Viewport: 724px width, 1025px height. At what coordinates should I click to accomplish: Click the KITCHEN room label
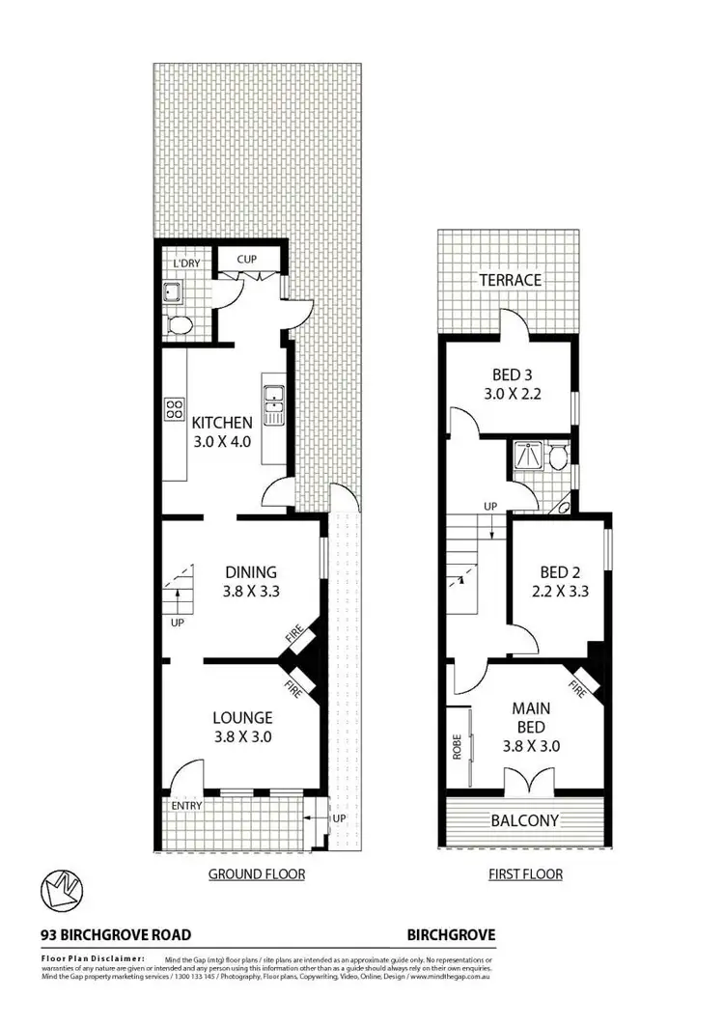pos(222,423)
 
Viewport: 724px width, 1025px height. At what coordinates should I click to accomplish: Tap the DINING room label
pos(251,571)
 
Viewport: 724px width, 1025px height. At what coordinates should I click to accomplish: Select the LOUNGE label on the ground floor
pos(243,718)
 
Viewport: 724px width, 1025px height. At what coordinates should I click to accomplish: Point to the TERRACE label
pos(511,280)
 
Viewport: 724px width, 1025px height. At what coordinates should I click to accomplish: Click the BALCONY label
pos(524,820)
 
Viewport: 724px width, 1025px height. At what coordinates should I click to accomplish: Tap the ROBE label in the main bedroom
pos(457,749)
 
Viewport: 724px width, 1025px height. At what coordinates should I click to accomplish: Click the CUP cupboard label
pos(246,259)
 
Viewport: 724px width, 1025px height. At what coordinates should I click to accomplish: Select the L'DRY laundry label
pos(185,264)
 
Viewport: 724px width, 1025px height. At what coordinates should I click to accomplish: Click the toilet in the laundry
pos(180,324)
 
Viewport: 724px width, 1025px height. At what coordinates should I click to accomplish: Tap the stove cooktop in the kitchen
pos(175,408)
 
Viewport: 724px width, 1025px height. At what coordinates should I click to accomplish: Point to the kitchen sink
pos(272,398)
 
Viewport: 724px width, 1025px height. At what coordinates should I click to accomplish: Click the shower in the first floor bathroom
pos(527,455)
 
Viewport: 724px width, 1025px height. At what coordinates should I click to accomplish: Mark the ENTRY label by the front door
pos(186,805)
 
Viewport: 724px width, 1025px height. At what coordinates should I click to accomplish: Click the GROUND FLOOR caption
pos(257,874)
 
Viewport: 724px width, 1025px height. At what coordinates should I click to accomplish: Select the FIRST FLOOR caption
pos(523,874)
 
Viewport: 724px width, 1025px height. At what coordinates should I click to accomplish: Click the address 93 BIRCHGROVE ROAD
pos(116,934)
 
